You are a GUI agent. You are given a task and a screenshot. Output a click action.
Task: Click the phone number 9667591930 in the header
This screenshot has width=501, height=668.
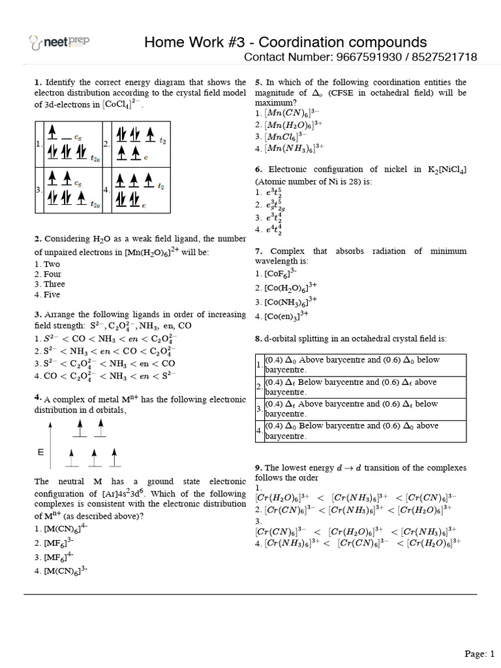point(370,58)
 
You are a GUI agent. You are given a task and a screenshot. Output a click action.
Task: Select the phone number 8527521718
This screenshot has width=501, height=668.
point(444,58)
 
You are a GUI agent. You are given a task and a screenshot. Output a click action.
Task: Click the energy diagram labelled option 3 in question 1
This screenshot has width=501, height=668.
point(72,190)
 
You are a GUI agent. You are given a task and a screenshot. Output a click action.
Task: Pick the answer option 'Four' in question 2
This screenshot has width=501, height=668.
point(48,275)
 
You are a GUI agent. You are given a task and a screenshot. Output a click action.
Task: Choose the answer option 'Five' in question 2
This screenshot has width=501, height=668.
point(46,294)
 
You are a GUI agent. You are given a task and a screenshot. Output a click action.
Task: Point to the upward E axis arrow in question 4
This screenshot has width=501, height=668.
point(48,444)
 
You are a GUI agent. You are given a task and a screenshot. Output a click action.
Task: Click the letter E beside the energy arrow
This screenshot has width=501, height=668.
point(40,451)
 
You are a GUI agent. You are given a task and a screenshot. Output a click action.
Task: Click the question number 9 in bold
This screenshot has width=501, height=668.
point(258,468)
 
